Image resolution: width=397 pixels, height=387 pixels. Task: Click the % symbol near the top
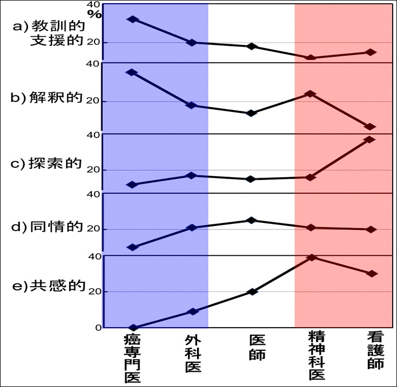tap(95, 15)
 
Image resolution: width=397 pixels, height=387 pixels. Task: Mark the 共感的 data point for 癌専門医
tap(132, 328)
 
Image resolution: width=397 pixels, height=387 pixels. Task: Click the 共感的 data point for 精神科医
tap(311, 257)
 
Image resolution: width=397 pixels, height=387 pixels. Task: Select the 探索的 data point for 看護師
tap(370, 139)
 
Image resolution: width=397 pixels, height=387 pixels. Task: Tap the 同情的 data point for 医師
tap(251, 220)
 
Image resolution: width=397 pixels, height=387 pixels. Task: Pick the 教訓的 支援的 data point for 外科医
tap(192, 42)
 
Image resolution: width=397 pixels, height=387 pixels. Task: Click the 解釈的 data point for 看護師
tap(370, 127)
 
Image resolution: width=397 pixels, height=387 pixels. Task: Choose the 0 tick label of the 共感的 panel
tap(98, 328)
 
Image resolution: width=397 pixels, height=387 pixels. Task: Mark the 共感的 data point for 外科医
tap(192, 311)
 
